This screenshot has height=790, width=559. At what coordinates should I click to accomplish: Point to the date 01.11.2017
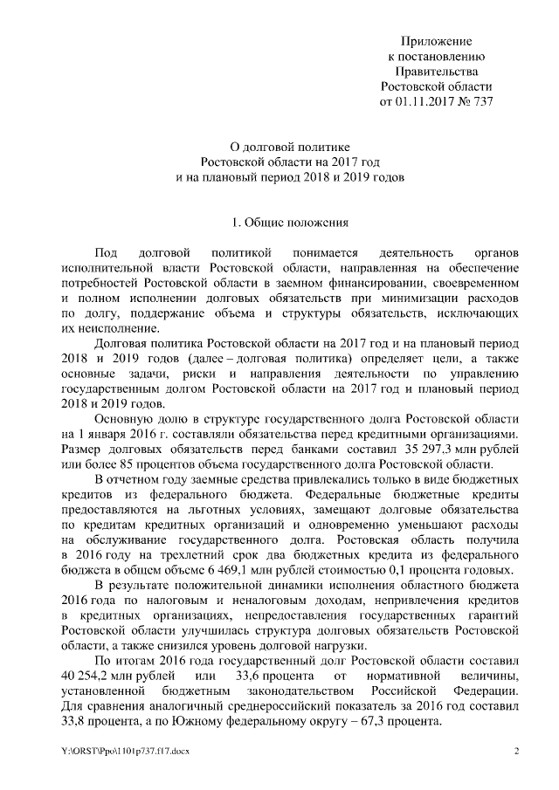point(424,101)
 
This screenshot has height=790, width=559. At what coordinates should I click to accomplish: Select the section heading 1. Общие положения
point(278,222)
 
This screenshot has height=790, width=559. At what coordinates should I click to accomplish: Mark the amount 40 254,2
point(90,677)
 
